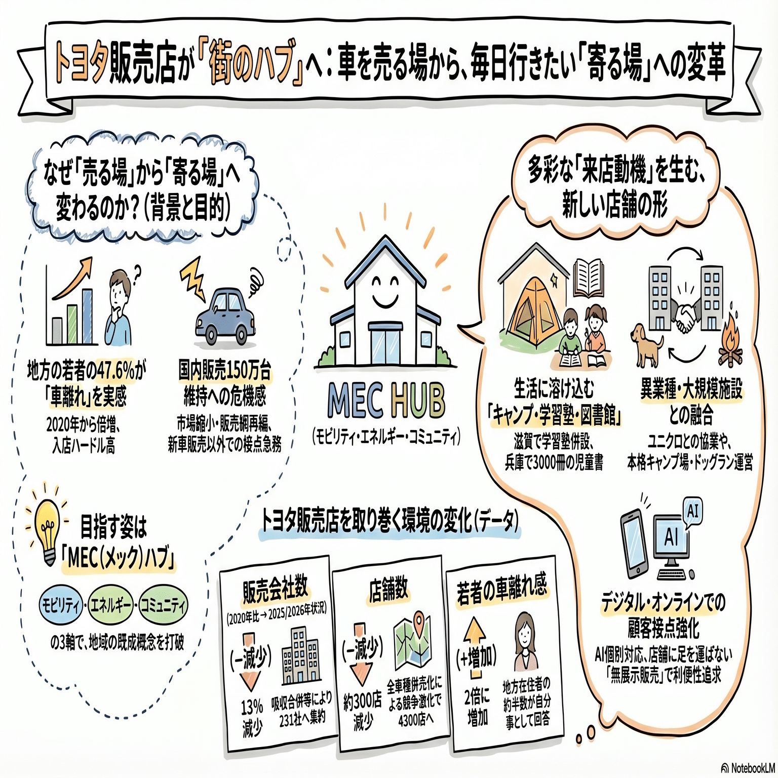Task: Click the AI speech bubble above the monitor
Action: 692,511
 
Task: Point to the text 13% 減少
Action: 252,717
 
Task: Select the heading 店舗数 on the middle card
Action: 388,590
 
